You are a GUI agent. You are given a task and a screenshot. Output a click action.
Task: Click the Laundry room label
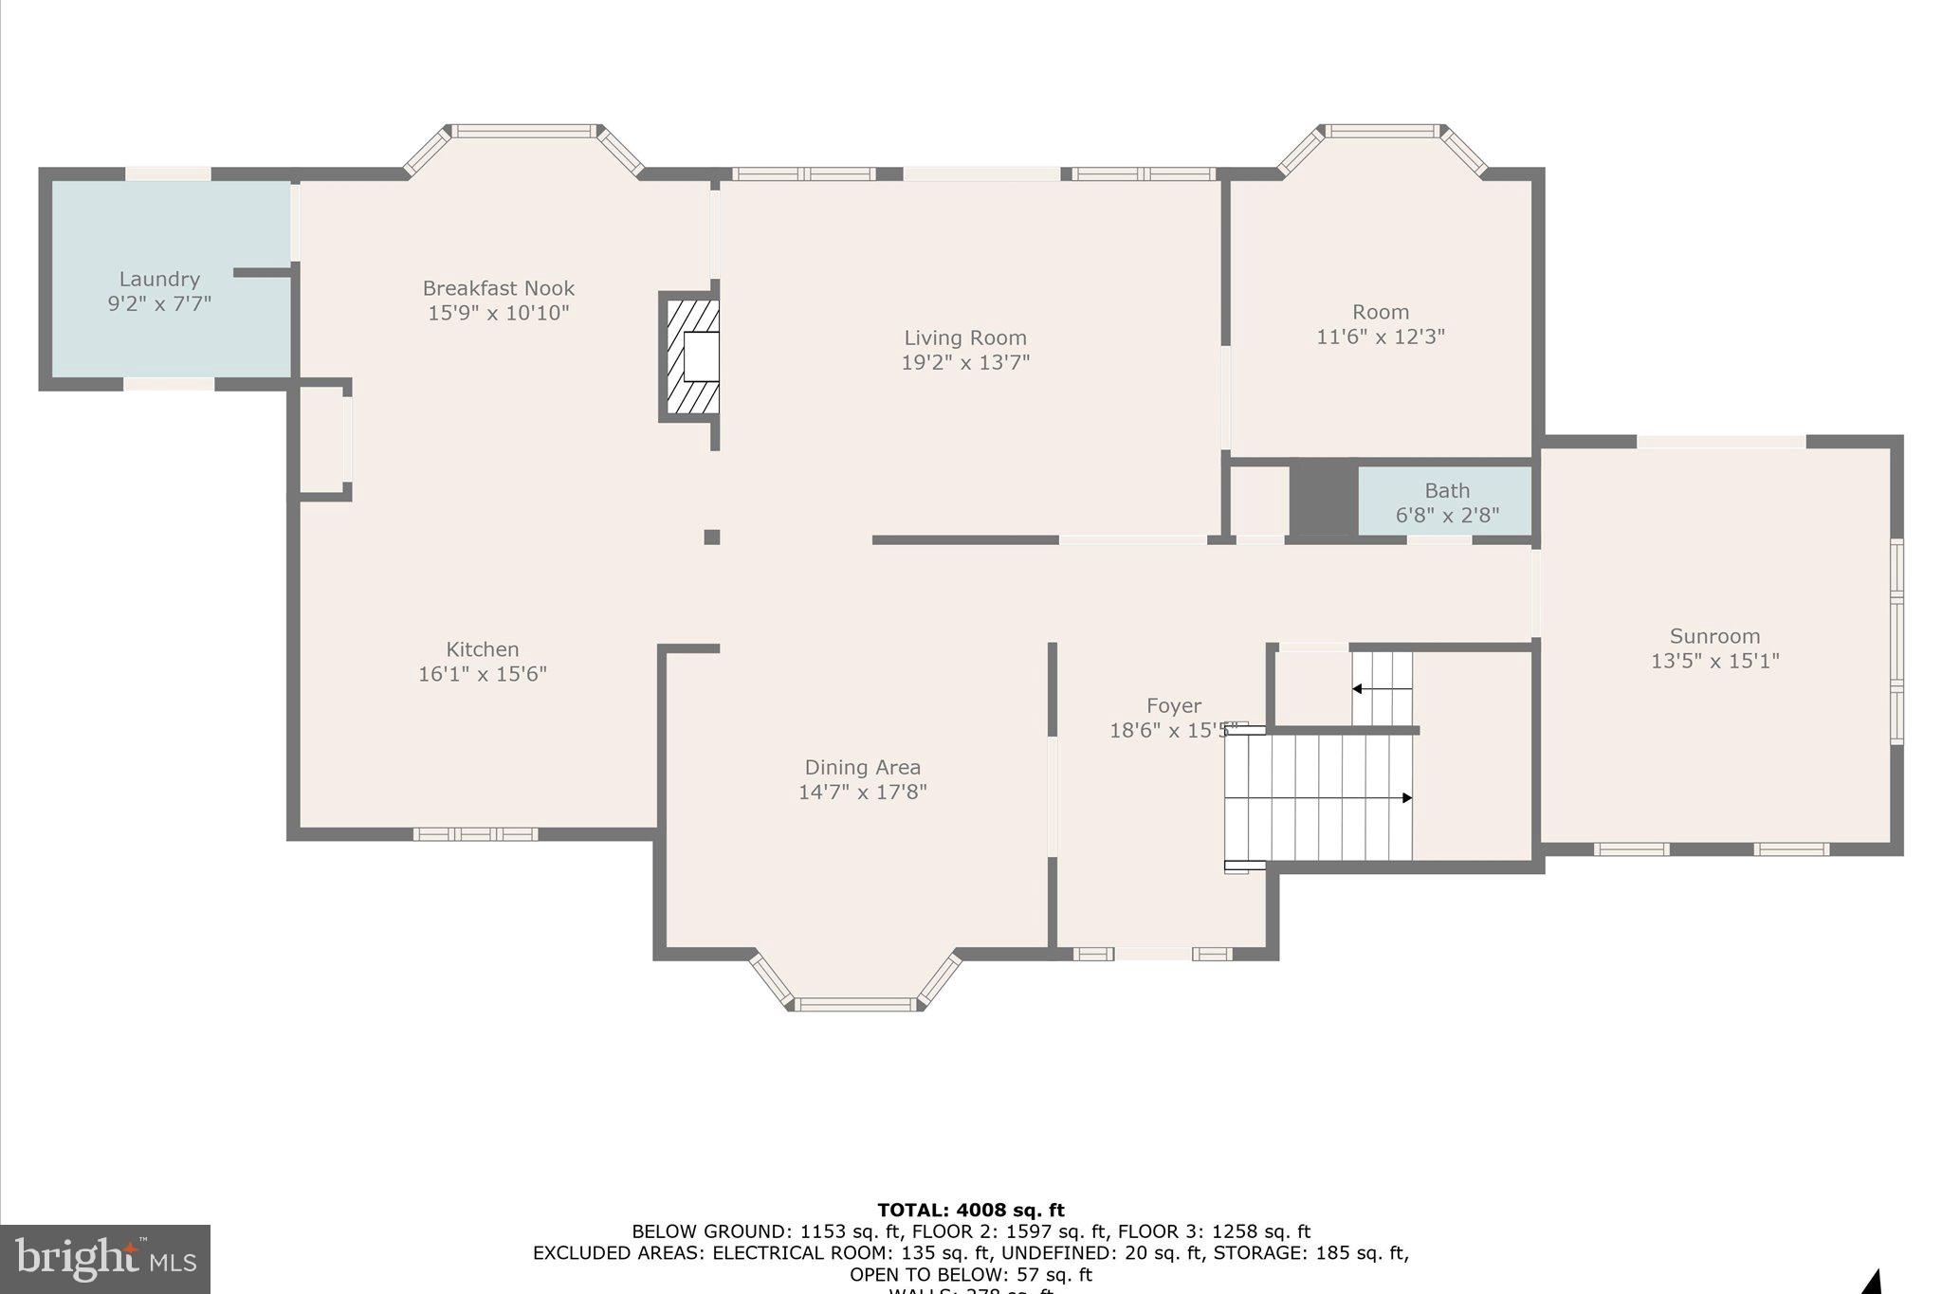click(x=159, y=279)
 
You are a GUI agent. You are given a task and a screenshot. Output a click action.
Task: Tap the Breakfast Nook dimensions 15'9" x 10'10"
click(x=498, y=313)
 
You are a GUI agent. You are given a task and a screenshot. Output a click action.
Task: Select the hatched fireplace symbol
click(x=690, y=356)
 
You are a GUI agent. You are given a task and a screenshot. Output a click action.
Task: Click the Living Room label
click(x=964, y=337)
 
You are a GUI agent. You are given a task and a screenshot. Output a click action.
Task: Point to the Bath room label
click(x=1446, y=491)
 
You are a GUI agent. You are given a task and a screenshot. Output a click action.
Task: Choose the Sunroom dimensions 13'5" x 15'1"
click(x=1714, y=661)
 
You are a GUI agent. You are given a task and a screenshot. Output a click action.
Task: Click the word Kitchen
click(x=482, y=649)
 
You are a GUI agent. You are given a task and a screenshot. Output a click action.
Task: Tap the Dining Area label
click(x=862, y=767)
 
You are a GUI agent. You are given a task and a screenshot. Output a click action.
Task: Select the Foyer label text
click(x=1173, y=705)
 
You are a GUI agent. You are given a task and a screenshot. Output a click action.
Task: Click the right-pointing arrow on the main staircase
click(x=1406, y=798)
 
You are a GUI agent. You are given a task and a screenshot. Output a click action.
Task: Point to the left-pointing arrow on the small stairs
click(x=1359, y=689)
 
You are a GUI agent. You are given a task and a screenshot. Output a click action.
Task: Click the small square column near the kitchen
click(x=711, y=538)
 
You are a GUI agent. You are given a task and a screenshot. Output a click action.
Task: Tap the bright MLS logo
click(x=105, y=1259)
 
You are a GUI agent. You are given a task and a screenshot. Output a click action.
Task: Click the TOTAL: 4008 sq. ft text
click(x=970, y=1210)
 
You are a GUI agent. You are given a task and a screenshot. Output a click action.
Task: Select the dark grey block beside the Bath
click(x=1323, y=500)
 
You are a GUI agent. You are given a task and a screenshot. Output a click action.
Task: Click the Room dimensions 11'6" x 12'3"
click(x=1380, y=337)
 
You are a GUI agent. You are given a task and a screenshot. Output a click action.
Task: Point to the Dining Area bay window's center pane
click(x=855, y=1004)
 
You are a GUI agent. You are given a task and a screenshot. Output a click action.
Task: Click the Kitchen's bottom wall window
click(x=475, y=834)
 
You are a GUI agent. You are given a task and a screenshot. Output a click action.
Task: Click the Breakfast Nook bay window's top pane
click(x=524, y=131)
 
